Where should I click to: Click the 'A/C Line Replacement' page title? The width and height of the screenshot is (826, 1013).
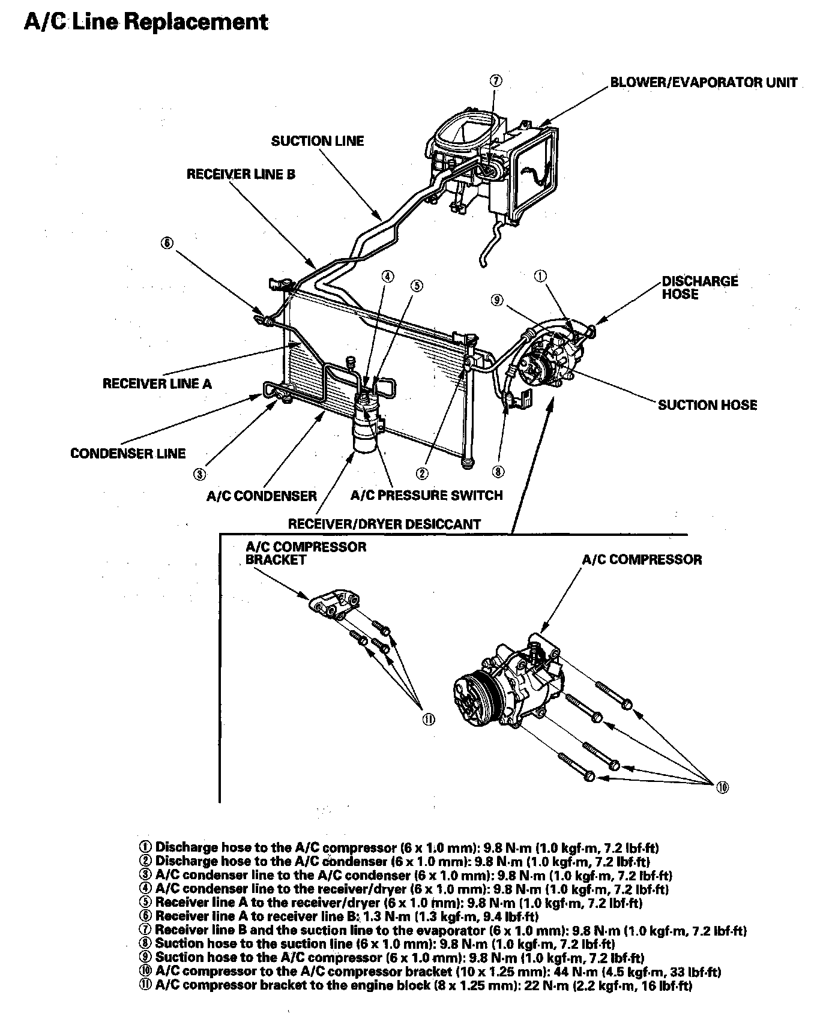(146, 22)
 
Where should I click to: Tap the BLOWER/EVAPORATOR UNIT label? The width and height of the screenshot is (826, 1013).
(704, 82)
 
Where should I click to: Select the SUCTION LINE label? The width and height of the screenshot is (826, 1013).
(318, 141)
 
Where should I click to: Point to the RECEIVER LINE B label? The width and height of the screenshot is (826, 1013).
(241, 175)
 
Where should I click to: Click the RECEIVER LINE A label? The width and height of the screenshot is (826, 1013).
(157, 383)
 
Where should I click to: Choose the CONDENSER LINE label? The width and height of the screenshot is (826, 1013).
(128, 453)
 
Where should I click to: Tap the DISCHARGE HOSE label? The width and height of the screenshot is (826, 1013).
(700, 287)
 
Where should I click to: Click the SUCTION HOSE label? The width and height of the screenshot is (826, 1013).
(707, 405)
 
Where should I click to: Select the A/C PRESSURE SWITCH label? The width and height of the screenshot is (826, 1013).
(426, 495)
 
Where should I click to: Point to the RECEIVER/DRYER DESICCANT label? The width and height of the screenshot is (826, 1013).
(384, 524)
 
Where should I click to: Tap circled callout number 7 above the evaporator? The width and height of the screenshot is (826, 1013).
(496, 82)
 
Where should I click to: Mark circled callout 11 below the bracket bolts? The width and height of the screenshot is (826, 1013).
(428, 720)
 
